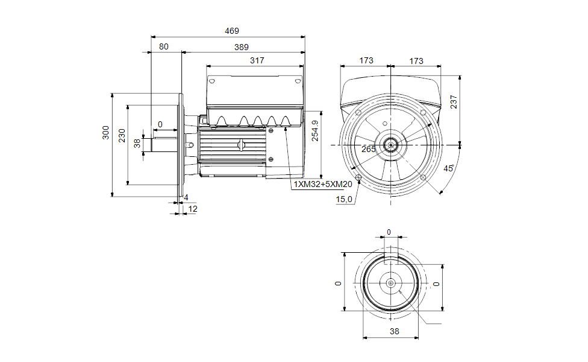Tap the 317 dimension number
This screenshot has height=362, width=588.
(x=257, y=60)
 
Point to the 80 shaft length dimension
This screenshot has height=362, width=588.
(x=164, y=46)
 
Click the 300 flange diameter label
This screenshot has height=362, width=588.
(x=105, y=133)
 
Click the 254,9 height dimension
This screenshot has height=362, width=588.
(x=315, y=130)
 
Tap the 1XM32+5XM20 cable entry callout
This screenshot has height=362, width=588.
(x=322, y=184)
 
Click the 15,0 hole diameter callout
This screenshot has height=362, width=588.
(x=345, y=200)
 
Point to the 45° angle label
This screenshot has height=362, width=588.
(x=448, y=168)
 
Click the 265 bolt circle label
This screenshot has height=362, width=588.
(x=369, y=149)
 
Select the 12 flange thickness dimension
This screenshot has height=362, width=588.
(x=193, y=208)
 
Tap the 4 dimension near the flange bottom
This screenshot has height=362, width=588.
(x=186, y=197)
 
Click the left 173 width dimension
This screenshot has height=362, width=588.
(x=366, y=61)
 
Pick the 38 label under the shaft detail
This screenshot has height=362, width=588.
(x=394, y=331)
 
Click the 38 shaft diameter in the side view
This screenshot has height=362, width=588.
(x=137, y=143)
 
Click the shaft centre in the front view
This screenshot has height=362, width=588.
(x=391, y=145)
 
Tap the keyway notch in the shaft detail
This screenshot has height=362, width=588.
(x=392, y=258)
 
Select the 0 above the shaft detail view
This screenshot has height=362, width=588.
(x=389, y=232)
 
